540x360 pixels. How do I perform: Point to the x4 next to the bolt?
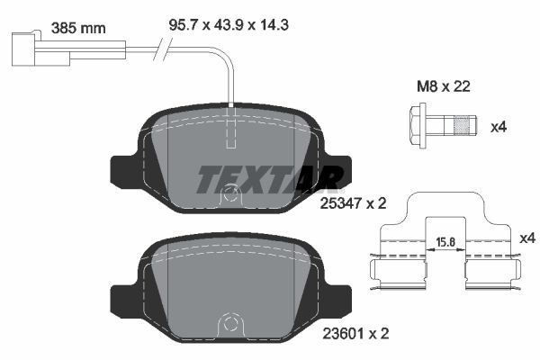499,127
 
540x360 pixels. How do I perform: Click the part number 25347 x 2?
353,203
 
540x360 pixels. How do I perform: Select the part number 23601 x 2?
353,333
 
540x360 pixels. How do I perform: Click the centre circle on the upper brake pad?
231,192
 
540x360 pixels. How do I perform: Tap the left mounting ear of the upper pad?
122,171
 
